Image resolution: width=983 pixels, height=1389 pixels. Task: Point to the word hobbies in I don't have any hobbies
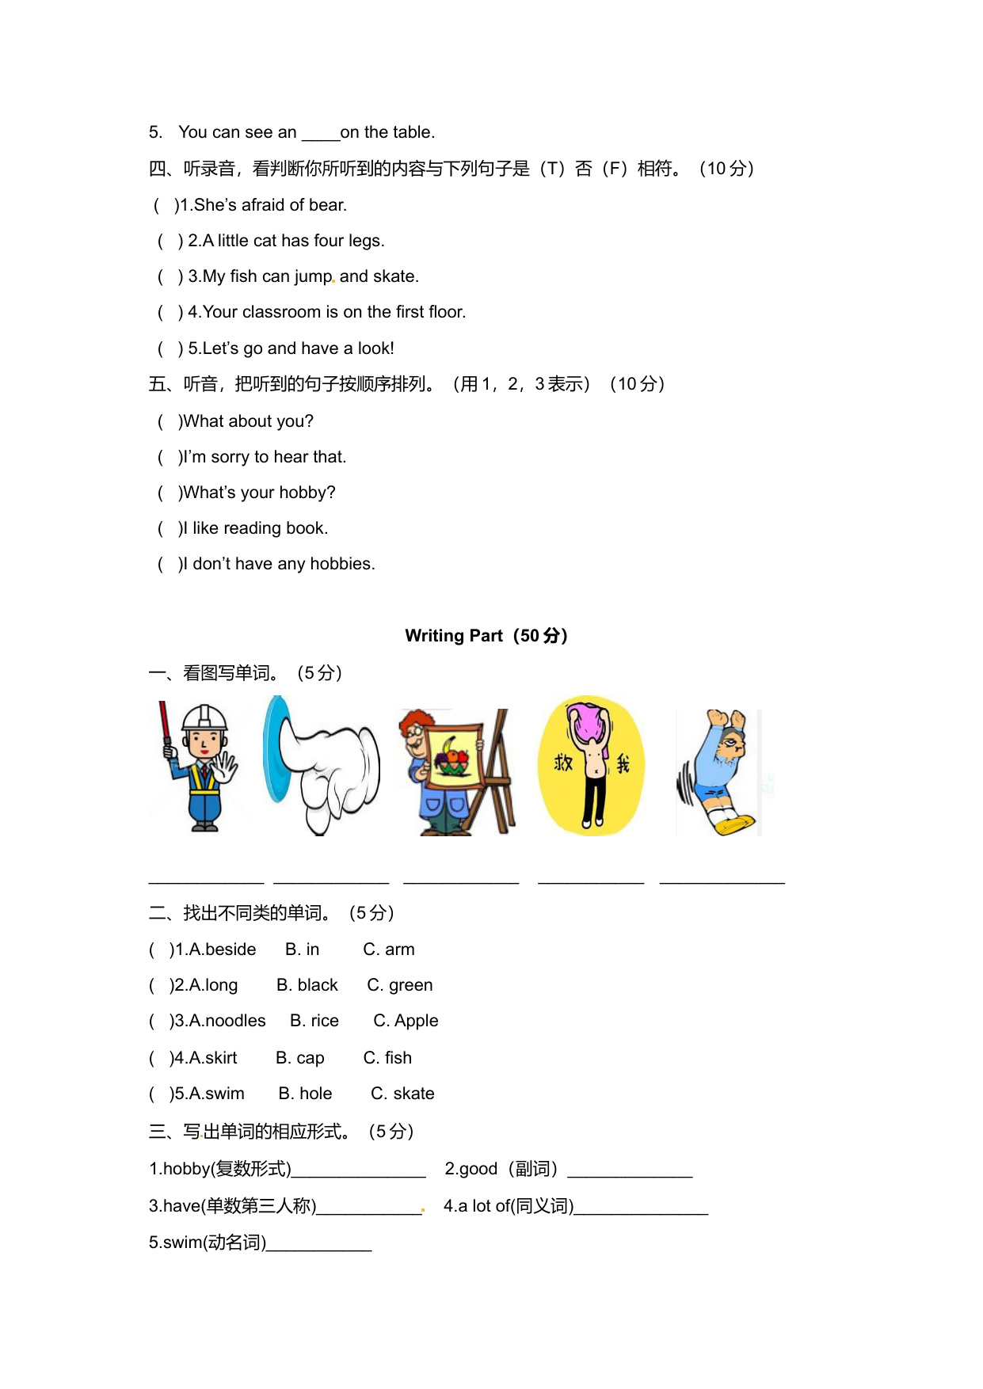click(x=341, y=564)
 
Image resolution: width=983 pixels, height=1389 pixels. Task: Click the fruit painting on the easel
click(x=451, y=756)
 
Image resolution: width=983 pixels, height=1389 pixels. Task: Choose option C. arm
click(x=389, y=949)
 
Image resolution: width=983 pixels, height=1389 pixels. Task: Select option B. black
click(x=307, y=985)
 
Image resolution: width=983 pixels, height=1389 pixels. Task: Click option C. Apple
click(x=406, y=1021)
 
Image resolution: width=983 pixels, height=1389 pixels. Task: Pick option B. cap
click(x=300, y=1058)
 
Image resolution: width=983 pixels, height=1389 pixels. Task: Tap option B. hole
click(x=305, y=1094)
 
